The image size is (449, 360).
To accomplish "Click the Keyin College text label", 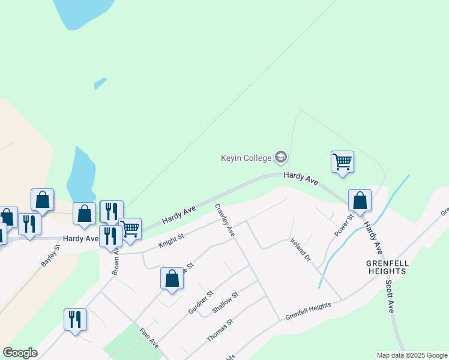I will click(246, 158).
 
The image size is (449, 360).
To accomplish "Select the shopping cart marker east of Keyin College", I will click(342, 161).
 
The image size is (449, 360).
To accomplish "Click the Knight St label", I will click(170, 241).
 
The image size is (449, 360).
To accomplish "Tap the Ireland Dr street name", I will click(300, 250).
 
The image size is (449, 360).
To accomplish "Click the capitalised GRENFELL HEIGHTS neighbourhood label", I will click(387, 267).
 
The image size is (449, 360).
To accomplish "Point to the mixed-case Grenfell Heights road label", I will click(308, 310).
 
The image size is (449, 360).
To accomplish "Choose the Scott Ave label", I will click(390, 296).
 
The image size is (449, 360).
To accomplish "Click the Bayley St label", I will click(50, 254).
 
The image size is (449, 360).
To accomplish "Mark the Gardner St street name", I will click(201, 302).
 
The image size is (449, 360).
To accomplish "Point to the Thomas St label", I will click(220, 331).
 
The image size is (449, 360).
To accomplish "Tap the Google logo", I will click(20, 353).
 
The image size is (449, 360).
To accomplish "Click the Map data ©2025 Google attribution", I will click(412, 355).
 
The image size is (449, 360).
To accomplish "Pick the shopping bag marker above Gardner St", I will click(172, 279).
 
